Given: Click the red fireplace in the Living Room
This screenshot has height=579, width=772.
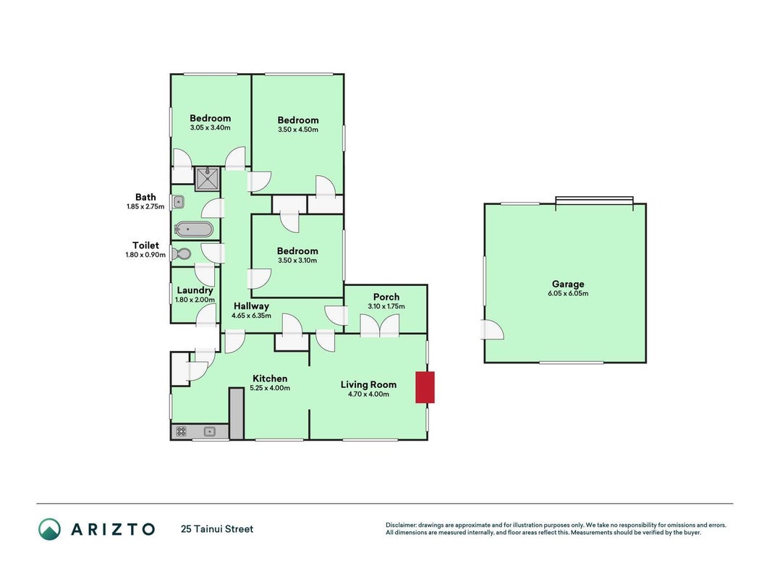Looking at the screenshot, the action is [x=425, y=387].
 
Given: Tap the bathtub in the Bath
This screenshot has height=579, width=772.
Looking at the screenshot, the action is [x=194, y=229].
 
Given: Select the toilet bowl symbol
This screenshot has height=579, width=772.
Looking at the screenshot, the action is [x=181, y=253].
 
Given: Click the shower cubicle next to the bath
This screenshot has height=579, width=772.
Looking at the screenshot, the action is [x=208, y=179].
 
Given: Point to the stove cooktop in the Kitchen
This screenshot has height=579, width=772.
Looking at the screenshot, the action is [x=181, y=432].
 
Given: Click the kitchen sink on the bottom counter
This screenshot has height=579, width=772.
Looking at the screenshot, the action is [x=210, y=432].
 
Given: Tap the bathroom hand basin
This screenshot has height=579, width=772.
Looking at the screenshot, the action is [x=178, y=202].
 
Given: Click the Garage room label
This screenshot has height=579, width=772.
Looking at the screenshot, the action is [x=568, y=284].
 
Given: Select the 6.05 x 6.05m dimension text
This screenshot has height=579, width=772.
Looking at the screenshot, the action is [x=568, y=293].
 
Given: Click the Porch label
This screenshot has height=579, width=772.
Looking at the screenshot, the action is [x=386, y=297].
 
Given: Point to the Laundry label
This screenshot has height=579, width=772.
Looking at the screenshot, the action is [x=195, y=290].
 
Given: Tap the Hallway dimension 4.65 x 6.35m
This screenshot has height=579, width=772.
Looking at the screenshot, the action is [x=252, y=316].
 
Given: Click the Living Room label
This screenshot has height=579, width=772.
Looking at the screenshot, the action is [x=369, y=385].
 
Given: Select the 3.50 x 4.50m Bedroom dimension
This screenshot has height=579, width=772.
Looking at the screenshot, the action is [x=298, y=130].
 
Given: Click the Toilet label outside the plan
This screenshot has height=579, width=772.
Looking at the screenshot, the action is [x=145, y=245].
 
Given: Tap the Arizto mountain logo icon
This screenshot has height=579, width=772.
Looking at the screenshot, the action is [x=50, y=529].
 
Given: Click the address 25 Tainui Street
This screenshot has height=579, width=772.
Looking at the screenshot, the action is [x=217, y=529].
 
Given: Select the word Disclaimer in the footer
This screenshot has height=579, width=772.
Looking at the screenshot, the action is [x=402, y=525].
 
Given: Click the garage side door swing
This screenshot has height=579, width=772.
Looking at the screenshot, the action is [x=492, y=330].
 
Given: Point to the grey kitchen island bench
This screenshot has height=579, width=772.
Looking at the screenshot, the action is [x=237, y=413].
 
